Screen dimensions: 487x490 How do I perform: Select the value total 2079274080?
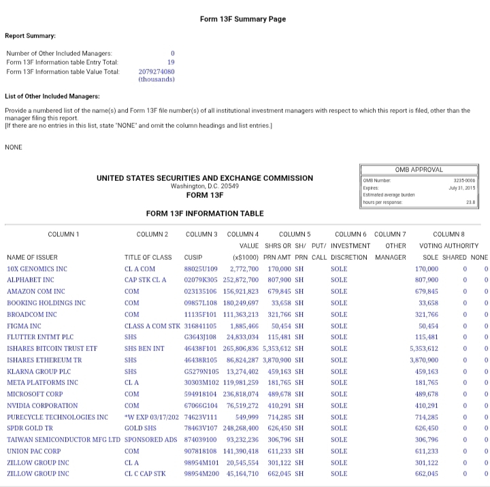tap(156, 71)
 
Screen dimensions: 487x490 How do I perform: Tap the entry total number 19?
tap(171, 62)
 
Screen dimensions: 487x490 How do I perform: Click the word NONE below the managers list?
tap(14, 147)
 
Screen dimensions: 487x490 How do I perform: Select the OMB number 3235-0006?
tap(462, 180)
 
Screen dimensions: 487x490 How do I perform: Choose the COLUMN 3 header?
tap(201, 234)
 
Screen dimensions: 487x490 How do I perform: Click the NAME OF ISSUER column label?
tap(32, 257)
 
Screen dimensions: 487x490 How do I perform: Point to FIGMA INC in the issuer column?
tap(24, 325)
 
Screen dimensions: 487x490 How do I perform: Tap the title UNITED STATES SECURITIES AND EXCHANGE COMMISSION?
tap(205, 178)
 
